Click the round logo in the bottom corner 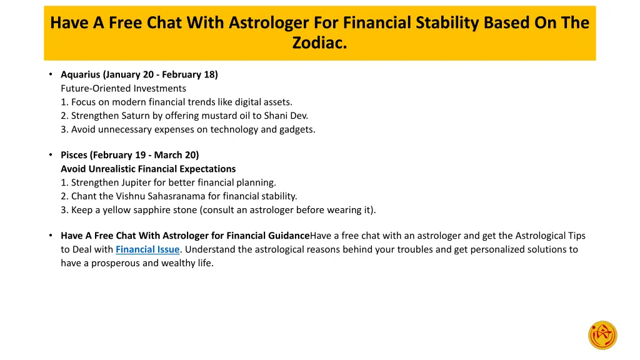pos(602,336)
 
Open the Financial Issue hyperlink pos(147,249)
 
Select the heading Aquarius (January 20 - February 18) pos(139,74)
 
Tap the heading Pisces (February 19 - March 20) pos(129,155)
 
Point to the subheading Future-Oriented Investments pos(123,88)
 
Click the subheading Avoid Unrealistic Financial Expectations pos(148,169)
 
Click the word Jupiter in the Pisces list pos(134,182)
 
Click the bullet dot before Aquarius pos(51,74)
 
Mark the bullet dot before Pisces pos(51,155)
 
